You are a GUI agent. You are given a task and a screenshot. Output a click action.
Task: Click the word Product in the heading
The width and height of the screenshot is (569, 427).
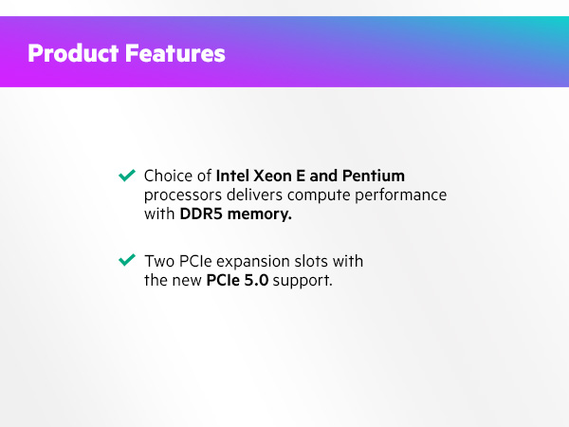tap(72, 53)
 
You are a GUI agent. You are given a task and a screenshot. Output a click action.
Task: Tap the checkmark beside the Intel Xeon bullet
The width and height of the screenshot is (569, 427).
tap(126, 176)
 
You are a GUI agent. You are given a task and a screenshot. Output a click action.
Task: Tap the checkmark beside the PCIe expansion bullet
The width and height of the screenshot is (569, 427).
tap(126, 260)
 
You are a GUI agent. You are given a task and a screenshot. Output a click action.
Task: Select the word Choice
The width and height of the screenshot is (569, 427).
tap(166, 176)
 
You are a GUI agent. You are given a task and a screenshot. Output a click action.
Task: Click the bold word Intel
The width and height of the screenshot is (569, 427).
tap(233, 176)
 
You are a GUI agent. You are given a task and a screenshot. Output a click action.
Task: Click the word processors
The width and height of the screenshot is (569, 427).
tap(182, 196)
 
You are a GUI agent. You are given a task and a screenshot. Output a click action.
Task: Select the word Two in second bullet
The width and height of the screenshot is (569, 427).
tap(157, 261)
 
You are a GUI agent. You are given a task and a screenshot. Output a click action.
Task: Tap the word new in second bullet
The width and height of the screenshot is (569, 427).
tap(186, 281)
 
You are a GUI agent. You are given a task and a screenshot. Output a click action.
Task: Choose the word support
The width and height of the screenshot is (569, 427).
tap(303, 282)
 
